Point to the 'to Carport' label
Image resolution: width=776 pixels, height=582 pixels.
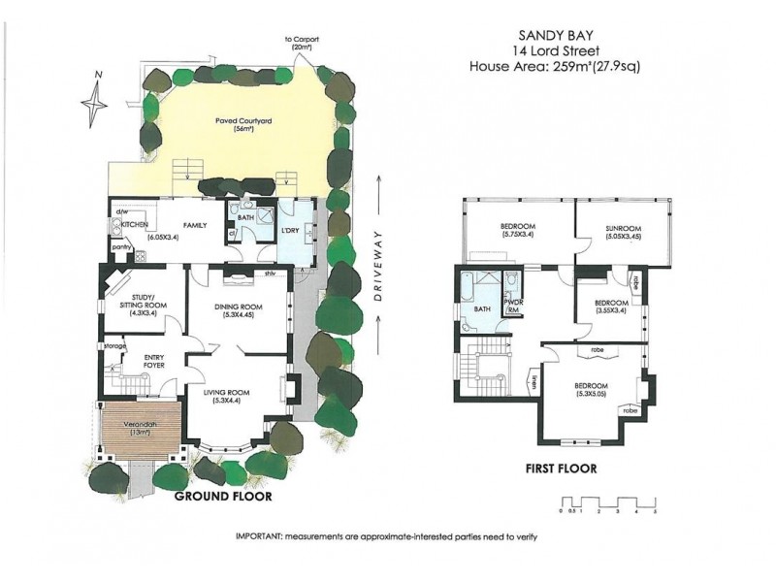point(301,41)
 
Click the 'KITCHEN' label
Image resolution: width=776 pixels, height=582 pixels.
point(132,224)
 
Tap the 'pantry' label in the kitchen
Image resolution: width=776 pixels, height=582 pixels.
point(122,247)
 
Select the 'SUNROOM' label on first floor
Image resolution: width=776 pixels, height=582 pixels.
point(624,227)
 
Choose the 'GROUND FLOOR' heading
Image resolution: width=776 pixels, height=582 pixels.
point(222,496)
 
